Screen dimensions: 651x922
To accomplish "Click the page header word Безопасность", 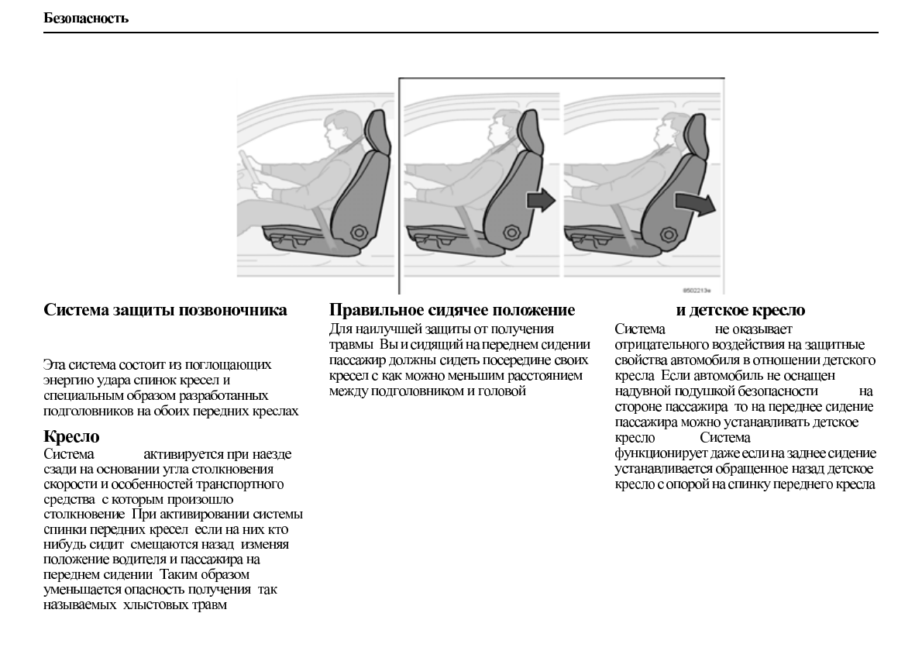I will pyautogui.click(x=86, y=18).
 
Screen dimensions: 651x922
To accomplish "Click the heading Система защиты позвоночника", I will pyautogui.click(x=166, y=311).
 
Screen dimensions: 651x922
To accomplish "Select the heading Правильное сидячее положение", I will pyautogui.click(x=452, y=311).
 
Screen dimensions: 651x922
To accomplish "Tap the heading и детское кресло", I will pyautogui.click(x=741, y=311).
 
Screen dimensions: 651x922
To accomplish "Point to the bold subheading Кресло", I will pyautogui.click(x=72, y=437).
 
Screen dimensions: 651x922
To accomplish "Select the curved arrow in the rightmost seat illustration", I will pyautogui.click(x=694, y=204).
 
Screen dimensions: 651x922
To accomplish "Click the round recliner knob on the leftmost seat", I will pyautogui.click(x=359, y=231).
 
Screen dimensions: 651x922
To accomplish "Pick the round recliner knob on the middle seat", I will pyautogui.click(x=511, y=231).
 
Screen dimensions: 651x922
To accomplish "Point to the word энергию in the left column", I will pyautogui.click(x=67, y=380).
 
